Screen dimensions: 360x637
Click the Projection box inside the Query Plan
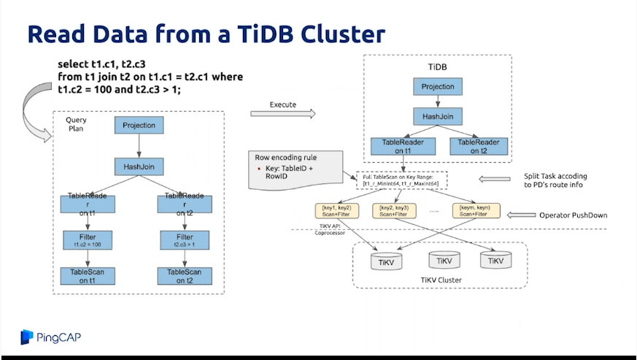[x=139, y=125]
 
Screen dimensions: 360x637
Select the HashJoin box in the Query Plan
[x=139, y=167]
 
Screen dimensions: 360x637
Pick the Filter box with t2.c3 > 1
[x=185, y=240]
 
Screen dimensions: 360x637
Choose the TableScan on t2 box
[x=185, y=275]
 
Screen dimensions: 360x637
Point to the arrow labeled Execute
[x=282, y=113]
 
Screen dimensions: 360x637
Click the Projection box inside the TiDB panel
[x=438, y=86]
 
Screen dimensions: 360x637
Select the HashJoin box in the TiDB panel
[x=438, y=115]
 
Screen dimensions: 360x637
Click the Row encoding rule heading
[x=285, y=157]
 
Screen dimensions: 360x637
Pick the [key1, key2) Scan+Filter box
[x=338, y=211]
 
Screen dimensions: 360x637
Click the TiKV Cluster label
[x=441, y=280]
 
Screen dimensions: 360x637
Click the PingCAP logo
[x=50, y=337]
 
